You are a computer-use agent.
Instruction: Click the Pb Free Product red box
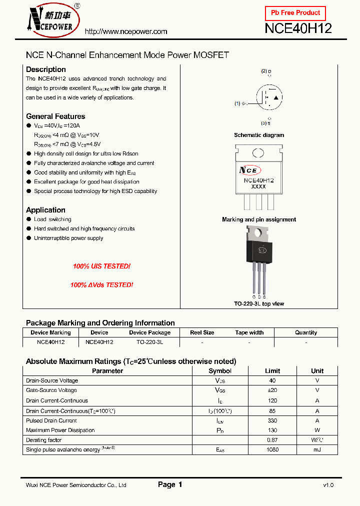coord(295,13)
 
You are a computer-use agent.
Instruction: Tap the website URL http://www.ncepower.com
coord(126,31)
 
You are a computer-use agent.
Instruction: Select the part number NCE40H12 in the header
coord(298,28)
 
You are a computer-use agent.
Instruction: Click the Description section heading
coord(45,69)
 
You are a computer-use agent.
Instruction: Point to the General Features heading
coord(55,116)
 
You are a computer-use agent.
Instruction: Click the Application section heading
coord(45,210)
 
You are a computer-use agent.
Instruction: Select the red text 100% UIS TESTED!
coord(101,266)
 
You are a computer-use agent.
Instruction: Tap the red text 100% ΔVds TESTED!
coord(101,285)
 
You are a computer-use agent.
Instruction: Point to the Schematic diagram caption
coord(259,135)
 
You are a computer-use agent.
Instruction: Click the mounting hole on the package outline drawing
coord(258,153)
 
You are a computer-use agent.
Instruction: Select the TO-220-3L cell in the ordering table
coord(149,342)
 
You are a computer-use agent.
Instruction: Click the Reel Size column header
coord(202,332)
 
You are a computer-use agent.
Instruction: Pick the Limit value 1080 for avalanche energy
coord(272,450)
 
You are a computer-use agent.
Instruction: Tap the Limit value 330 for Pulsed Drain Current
coord(272,420)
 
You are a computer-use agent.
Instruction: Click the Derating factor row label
coord(44,440)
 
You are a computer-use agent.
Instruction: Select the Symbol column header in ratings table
coord(220,371)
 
